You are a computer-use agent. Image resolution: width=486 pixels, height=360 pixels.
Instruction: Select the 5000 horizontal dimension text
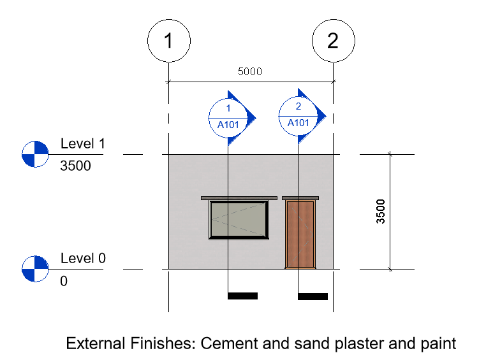[250, 71]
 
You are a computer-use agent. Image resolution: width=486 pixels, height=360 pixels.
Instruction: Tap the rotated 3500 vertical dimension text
[380, 212]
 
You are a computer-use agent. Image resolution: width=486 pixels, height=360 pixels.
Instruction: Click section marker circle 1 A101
[228, 118]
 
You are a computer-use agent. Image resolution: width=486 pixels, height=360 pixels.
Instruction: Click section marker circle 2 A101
[298, 116]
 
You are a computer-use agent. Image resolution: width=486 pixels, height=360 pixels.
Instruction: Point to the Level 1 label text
[83, 143]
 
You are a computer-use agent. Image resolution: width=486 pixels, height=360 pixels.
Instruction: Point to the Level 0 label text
[83, 258]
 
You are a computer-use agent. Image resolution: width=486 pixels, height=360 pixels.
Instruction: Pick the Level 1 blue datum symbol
[35, 154]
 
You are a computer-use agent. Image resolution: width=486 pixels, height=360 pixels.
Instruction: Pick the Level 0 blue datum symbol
[35, 269]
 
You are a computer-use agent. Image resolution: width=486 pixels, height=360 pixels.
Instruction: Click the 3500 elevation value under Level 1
[76, 166]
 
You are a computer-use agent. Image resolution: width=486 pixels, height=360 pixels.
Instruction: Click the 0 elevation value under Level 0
[64, 281]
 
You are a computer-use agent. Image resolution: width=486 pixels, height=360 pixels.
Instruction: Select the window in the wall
[239, 220]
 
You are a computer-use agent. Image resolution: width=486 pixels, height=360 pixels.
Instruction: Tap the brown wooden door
[300, 234]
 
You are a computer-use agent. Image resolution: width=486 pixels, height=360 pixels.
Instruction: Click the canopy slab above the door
[300, 198]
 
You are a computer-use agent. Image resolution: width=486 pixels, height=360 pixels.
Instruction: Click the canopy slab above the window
[239, 198]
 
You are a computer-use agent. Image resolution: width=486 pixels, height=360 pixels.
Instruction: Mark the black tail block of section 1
[243, 296]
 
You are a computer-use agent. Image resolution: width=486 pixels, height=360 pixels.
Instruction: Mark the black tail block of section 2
[313, 296]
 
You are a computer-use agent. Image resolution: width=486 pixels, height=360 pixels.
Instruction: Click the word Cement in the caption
[230, 343]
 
